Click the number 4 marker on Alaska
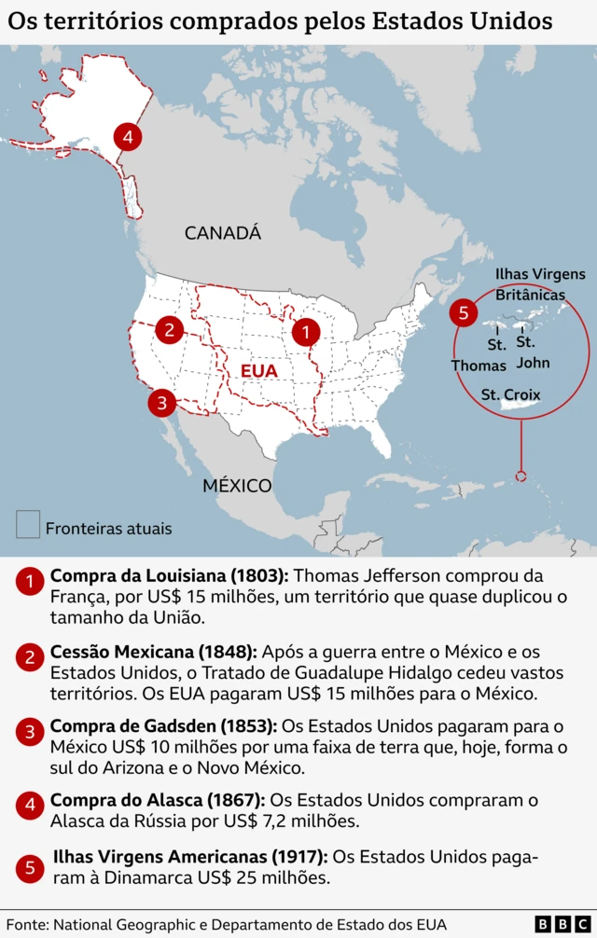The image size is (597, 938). [x=127, y=137]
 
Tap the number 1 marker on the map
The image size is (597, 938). [x=305, y=330]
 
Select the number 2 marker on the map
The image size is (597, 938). [x=169, y=328]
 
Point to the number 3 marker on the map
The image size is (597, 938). [x=161, y=403]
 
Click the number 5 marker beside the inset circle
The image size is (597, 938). [x=463, y=312]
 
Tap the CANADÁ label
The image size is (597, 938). [x=223, y=233]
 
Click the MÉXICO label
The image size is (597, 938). [x=237, y=486]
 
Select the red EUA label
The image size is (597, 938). [x=258, y=371]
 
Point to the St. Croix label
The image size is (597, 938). [x=510, y=394]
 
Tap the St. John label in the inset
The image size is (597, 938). [x=533, y=352]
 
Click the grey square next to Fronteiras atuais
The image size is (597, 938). [x=28, y=524]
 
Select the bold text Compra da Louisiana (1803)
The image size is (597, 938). [x=170, y=576]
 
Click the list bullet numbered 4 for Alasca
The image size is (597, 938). [x=30, y=804]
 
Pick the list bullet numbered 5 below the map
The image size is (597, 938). [x=30, y=868]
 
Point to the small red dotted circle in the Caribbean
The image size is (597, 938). [x=521, y=476]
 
